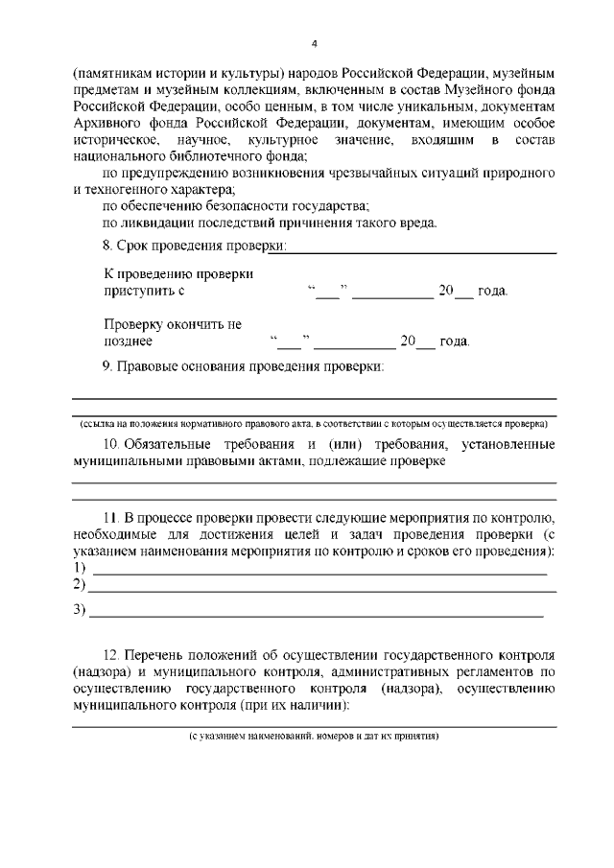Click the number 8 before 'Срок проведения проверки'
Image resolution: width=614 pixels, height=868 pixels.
tap(106, 246)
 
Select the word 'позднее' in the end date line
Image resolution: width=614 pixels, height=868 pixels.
tap(128, 340)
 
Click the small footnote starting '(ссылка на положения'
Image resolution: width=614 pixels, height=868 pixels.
tap(314, 422)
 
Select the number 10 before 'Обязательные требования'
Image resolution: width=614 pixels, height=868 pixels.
tap(109, 444)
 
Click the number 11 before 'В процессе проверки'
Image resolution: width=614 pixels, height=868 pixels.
tap(109, 519)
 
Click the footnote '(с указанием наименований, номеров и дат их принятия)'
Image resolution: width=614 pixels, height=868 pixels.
tap(314, 736)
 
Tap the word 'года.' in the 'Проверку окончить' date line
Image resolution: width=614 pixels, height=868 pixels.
tap(455, 340)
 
